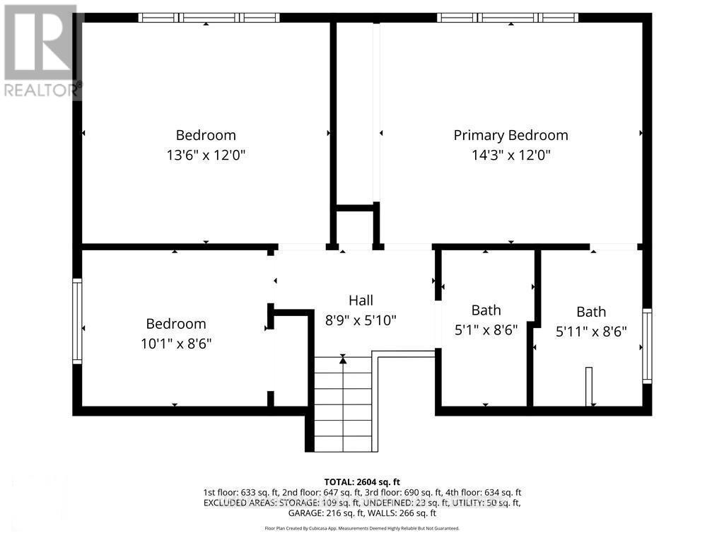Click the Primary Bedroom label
pyautogui.click(x=510, y=135)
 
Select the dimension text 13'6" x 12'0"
pyautogui.click(x=206, y=155)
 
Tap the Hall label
pyautogui.click(x=361, y=300)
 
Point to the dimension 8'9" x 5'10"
pyautogui.click(x=361, y=320)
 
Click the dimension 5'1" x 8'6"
pyautogui.click(x=486, y=329)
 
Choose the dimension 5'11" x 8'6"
pyautogui.click(x=590, y=331)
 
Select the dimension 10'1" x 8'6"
pyautogui.click(x=176, y=344)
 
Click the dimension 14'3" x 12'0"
pyautogui.click(x=510, y=155)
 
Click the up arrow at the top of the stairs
pyautogui.click(x=343, y=360)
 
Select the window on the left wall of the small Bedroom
pyautogui.click(x=77, y=321)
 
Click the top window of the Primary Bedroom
pyautogui.click(x=508, y=18)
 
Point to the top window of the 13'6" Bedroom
pyautogui.click(x=209, y=18)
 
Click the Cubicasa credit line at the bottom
pyautogui.click(x=362, y=528)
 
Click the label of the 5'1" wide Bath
pyautogui.click(x=486, y=310)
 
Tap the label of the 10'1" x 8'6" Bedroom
pyautogui.click(x=176, y=324)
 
